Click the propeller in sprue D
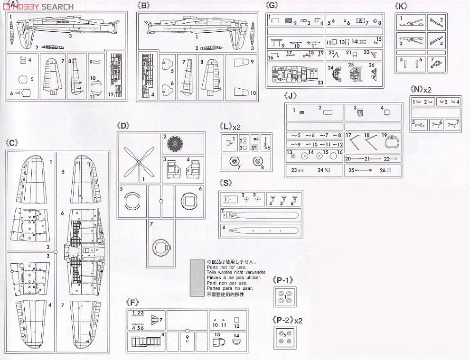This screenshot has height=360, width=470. tap(138, 162)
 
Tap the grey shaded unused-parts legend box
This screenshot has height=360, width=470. tap(197, 277)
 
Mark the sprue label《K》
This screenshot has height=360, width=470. tap(401, 6)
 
